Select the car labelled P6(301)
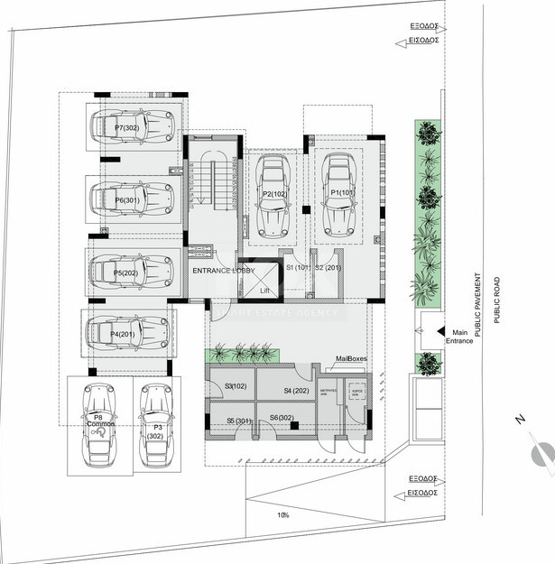(133, 199)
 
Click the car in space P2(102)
(273, 195)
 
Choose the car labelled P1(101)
(339, 194)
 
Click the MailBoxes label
(351, 358)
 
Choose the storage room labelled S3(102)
(236, 386)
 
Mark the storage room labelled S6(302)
(281, 418)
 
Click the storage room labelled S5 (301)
(237, 421)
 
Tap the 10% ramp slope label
(283, 514)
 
